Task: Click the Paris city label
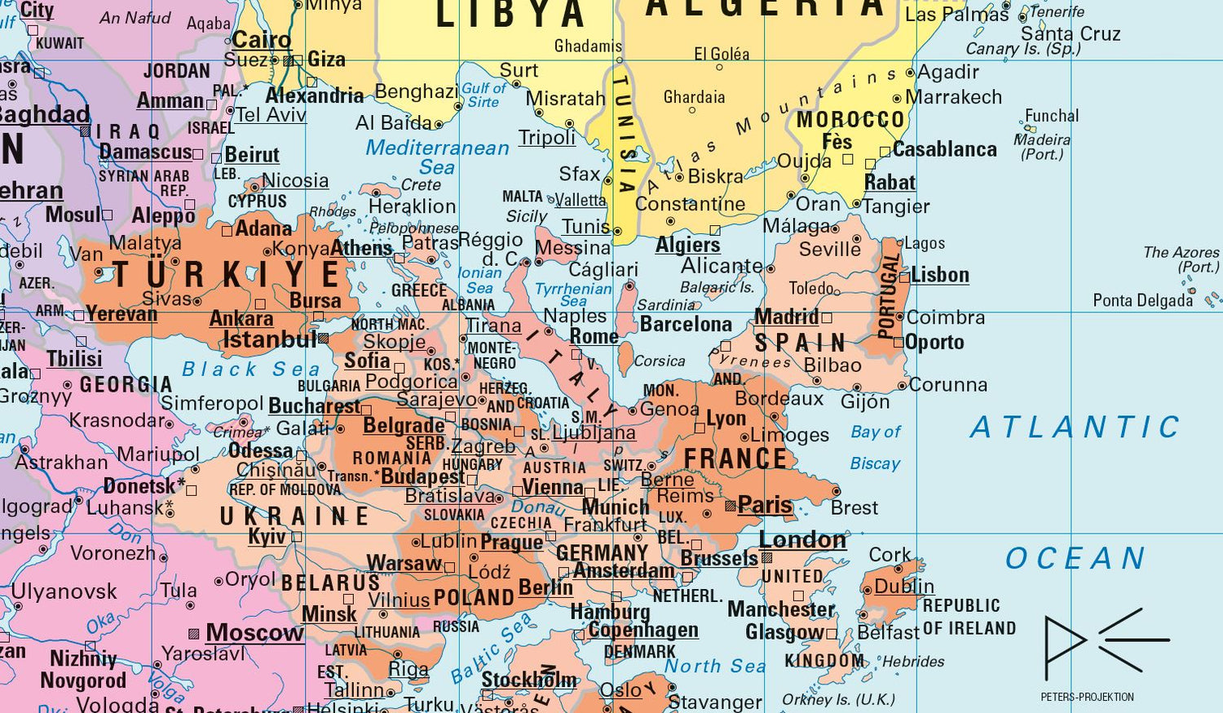pyautogui.click(x=765, y=506)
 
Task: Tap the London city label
pyautogui.click(x=802, y=539)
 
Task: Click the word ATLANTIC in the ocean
pyautogui.click(x=1075, y=427)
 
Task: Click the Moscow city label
pyautogui.click(x=254, y=632)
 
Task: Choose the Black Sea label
pyautogui.click(x=250, y=370)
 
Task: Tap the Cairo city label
pyautogui.click(x=261, y=39)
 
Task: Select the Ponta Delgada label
pyautogui.click(x=1142, y=301)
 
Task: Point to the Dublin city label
pyautogui.click(x=904, y=587)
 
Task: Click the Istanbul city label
pyautogui.click(x=269, y=339)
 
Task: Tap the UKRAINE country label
pyautogui.click(x=294, y=516)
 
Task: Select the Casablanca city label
pyautogui.click(x=944, y=149)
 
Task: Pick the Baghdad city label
pyautogui.click(x=45, y=114)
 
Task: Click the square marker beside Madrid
pyautogui.click(x=827, y=317)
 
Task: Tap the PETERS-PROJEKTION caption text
pyautogui.click(x=1087, y=697)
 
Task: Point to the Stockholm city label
pyautogui.click(x=528, y=680)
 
